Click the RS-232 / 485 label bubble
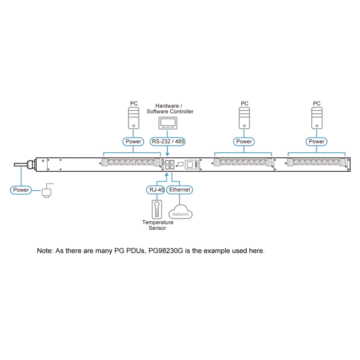pos(167,141)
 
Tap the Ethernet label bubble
pos(180,190)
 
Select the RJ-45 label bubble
pos(156,190)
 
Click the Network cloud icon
pos(180,212)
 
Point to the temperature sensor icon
pos(157,209)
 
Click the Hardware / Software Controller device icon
pos(168,123)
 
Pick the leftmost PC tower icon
pos(134,118)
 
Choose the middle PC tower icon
pos(244,118)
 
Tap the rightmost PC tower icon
pos(317,118)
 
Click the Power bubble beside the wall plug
pos(21,190)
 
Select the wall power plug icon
pos(47,190)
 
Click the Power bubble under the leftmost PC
pos(133,141)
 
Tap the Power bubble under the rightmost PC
pos(316,141)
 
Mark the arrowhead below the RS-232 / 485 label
pos(167,154)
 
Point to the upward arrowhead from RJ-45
pos(167,175)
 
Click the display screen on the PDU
pos(190,165)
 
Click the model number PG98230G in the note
pos(166,251)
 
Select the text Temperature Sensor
pos(158,225)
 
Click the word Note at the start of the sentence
pos(45,251)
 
